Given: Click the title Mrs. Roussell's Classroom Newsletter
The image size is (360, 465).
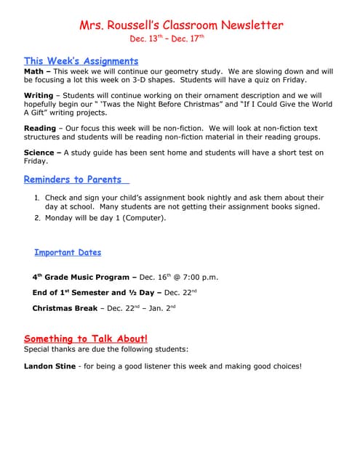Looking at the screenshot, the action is tap(181, 25).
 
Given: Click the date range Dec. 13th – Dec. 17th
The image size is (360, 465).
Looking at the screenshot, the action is tap(167, 39).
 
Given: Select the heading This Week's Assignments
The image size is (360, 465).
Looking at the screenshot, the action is tap(81, 61).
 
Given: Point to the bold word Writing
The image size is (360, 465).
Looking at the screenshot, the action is tap(39, 96).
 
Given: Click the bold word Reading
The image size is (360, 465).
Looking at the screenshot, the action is tap(40, 129).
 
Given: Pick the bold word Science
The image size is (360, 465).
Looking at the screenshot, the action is tap(39, 153).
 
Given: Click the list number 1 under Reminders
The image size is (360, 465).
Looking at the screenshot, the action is tap(37, 198).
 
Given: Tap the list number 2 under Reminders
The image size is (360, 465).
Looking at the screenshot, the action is tap(37, 217).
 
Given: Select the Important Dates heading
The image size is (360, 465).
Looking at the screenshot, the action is tap(68, 253).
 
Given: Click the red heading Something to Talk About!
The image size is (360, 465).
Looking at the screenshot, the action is tap(86, 339).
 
